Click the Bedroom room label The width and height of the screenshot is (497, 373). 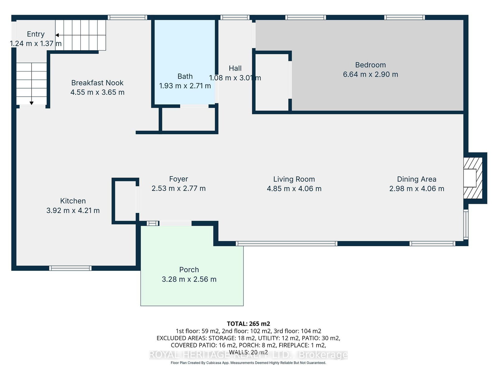coord(370,65)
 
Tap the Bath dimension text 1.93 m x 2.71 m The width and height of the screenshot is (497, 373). coord(185,86)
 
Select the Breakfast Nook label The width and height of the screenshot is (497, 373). coord(97,83)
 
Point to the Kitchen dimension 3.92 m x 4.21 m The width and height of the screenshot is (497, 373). coord(73,210)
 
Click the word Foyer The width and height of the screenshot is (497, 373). coord(178,179)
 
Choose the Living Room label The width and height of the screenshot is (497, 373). coord(294,179)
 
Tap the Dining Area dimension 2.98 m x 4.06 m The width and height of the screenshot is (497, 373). coord(417,189)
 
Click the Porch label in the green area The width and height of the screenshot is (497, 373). coord(189,269)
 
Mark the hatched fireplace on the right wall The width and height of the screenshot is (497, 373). coord(473,178)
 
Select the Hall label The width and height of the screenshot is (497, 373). coord(235,68)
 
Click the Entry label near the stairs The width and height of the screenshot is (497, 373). coord(35,34)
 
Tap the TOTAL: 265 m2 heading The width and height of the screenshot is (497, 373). coord(248,324)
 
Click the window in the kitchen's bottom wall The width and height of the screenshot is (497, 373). coord(71,268)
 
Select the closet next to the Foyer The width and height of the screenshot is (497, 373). coord(125,201)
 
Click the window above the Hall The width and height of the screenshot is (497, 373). coord(235,17)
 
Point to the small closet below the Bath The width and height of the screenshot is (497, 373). coord(188,119)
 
